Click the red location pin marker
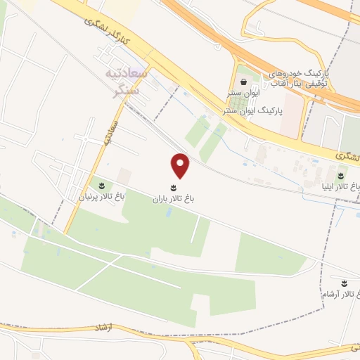click(x=181, y=165)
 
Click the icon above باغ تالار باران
click(x=174, y=187)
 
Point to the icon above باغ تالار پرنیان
click(x=103, y=186)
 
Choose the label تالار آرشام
click(x=344, y=294)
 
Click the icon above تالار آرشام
click(x=344, y=283)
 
